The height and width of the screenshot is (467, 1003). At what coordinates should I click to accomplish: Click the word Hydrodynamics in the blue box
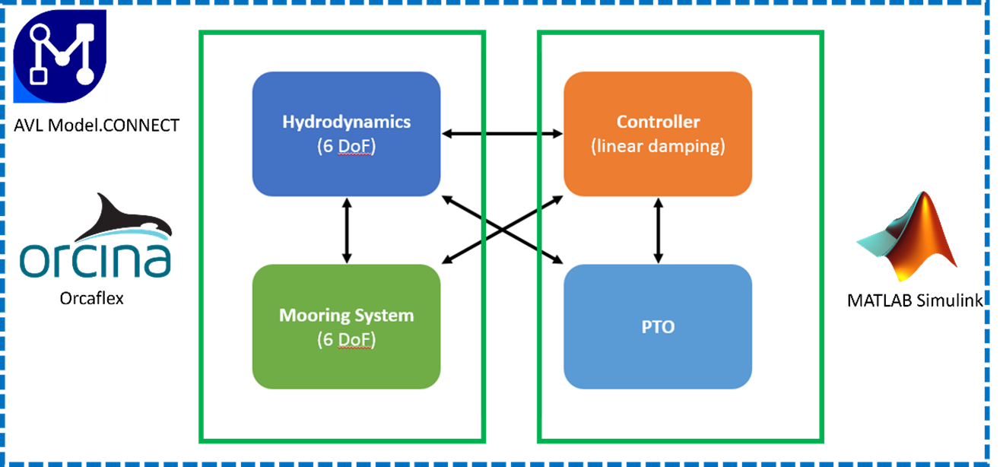click(346, 122)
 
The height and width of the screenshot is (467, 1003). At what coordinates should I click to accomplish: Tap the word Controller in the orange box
click(658, 122)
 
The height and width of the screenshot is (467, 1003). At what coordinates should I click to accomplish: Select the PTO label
click(658, 328)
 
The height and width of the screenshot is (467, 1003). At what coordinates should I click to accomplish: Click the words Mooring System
click(346, 315)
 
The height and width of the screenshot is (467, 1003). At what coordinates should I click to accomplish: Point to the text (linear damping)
click(658, 147)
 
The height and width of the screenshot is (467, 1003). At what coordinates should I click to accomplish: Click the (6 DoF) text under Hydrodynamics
click(346, 147)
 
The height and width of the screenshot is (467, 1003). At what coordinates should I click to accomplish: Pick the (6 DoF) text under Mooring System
click(346, 340)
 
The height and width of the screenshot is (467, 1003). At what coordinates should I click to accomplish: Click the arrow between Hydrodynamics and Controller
click(502, 134)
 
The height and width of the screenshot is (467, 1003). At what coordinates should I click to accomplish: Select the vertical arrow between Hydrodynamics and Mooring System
click(347, 230)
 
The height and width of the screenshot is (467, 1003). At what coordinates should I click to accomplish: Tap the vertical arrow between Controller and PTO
click(658, 230)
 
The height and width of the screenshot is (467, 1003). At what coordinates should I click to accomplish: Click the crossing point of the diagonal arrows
click(502, 230)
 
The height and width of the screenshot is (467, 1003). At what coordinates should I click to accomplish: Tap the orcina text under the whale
click(96, 259)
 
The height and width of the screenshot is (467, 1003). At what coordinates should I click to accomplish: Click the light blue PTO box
click(658, 365)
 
